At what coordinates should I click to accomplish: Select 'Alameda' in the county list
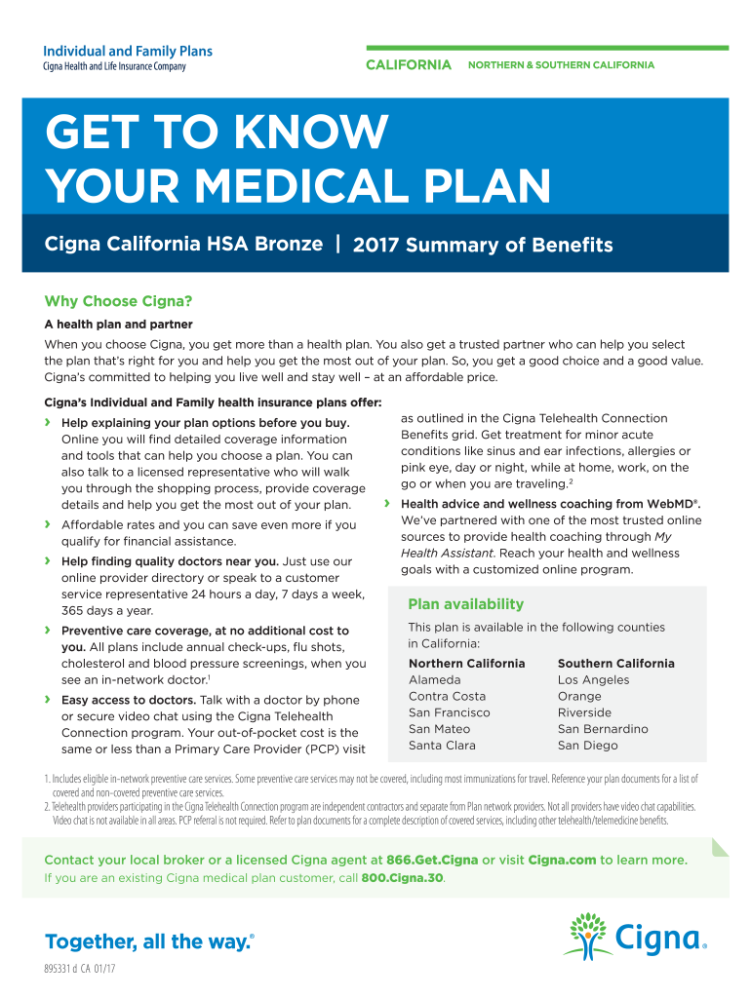tap(435, 679)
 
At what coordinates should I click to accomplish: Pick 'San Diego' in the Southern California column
tap(587, 746)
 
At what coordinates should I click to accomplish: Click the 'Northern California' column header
tap(466, 663)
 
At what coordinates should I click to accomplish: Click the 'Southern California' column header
tap(615, 663)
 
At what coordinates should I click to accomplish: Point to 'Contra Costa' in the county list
tap(447, 696)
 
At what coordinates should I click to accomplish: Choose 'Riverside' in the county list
tap(584, 712)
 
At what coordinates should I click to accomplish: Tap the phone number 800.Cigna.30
tap(403, 878)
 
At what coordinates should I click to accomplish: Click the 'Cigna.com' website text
tap(565, 860)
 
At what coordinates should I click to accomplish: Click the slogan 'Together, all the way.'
tap(149, 941)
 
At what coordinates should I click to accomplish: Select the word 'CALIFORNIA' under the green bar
tap(409, 65)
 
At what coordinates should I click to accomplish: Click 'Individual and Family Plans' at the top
tap(128, 51)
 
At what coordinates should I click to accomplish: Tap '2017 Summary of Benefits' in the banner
tap(483, 246)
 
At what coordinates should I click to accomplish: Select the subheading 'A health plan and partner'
tap(118, 324)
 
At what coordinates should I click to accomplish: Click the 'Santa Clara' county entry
tap(442, 746)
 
